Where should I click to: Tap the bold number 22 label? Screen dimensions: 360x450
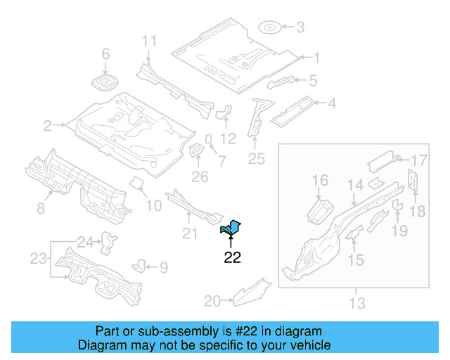point(232,257)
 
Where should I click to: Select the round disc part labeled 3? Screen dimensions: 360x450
point(270,28)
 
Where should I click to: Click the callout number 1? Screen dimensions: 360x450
point(316,58)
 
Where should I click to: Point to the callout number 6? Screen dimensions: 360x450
point(106,54)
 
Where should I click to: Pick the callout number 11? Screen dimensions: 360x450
point(148,41)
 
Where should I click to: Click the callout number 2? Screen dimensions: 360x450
point(48,127)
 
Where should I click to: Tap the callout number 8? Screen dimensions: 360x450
point(41,207)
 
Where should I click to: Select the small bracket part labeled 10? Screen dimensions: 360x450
point(137,184)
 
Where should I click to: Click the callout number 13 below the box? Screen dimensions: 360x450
point(357,303)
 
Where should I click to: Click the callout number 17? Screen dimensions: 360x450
point(419,160)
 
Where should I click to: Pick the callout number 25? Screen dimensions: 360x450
point(256,159)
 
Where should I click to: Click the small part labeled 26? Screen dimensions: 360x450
point(197,151)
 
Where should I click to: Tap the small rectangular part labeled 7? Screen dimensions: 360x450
point(210,138)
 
